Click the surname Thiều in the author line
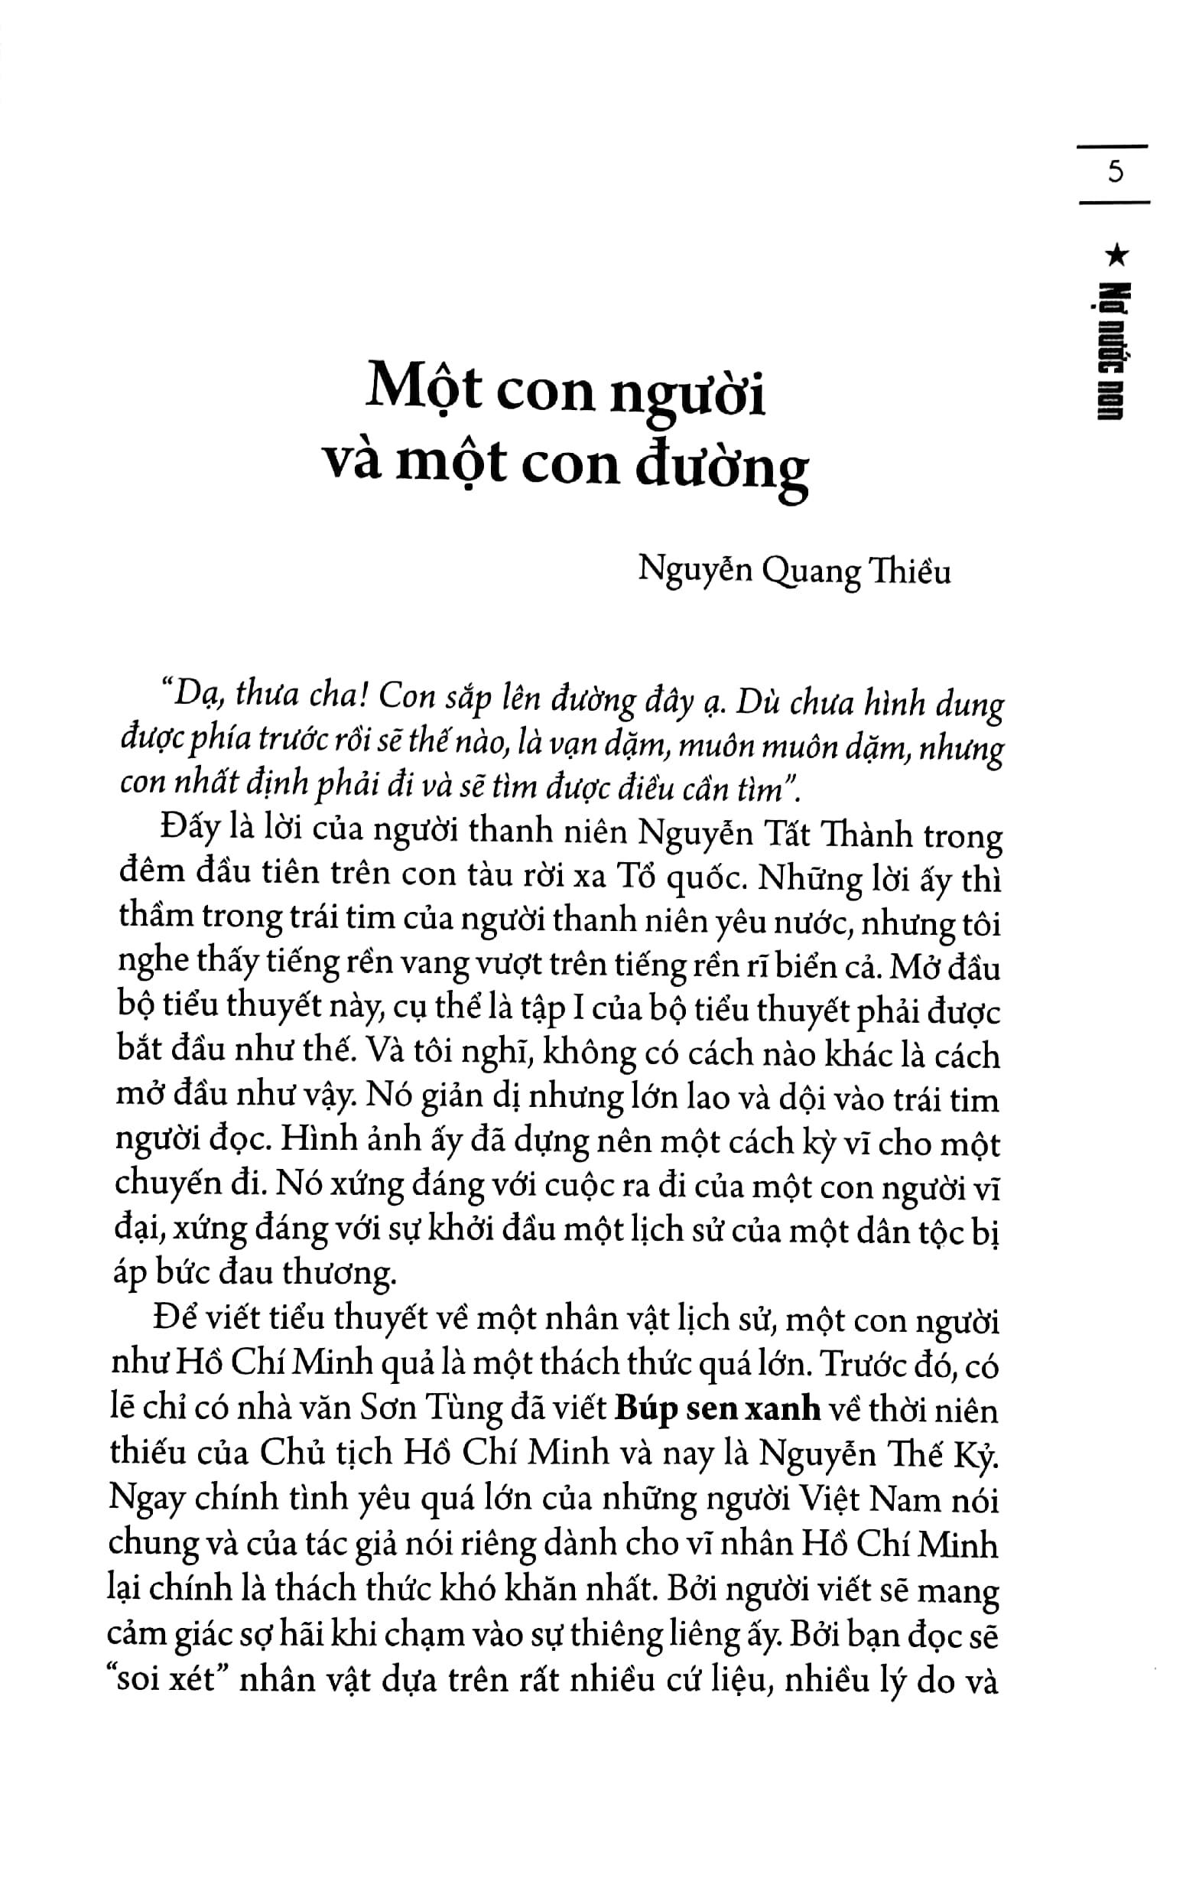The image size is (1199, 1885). pos(910,571)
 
